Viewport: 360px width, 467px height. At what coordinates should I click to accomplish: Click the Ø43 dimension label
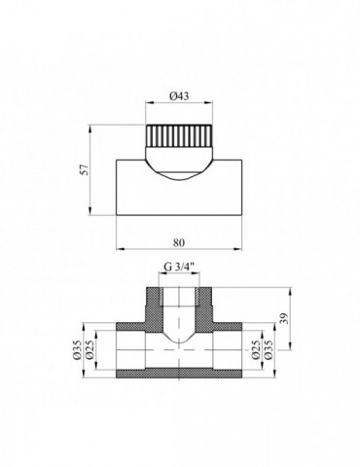(x=179, y=96)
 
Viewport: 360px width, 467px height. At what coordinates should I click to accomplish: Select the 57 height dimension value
(x=85, y=170)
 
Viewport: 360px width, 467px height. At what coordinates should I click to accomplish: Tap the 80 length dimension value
(x=179, y=242)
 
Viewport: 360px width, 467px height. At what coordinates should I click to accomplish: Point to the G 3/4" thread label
(x=179, y=267)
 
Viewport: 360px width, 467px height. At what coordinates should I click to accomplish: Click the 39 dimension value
(x=285, y=318)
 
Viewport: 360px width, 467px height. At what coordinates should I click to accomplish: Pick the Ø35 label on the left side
(x=77, y=350)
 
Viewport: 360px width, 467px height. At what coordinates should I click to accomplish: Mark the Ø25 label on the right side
(x=256, y=350)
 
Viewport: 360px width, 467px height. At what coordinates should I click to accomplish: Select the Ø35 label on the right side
(x=269, y=350)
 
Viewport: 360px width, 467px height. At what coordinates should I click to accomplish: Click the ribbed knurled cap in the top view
(x=179, y=135)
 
